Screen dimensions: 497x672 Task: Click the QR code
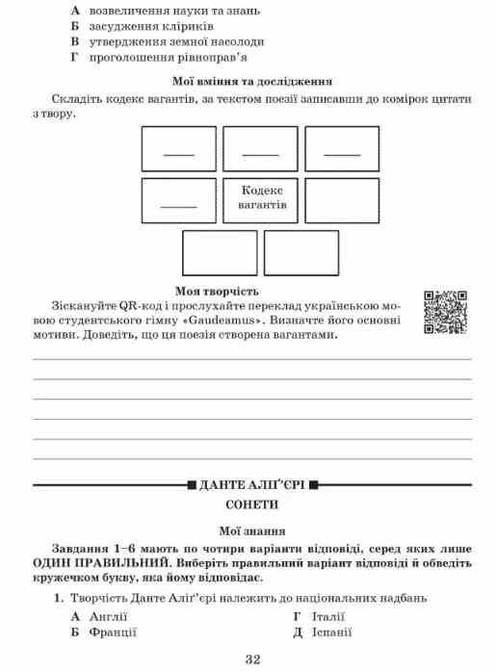coord(446,311)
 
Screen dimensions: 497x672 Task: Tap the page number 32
coord(253,659)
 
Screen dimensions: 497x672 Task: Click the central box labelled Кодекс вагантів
coord(261,198)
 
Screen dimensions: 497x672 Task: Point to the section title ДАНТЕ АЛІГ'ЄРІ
coord(252,484)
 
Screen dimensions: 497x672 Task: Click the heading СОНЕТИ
coord(252,504)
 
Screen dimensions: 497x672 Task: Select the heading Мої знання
coord(252,529)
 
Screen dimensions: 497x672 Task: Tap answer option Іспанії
coord(331,632)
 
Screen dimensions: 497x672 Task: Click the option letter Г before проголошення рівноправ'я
coord(73,58)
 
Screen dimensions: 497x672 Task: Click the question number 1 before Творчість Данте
coord(58,598)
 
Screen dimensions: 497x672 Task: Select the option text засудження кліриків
coord(144,25)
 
